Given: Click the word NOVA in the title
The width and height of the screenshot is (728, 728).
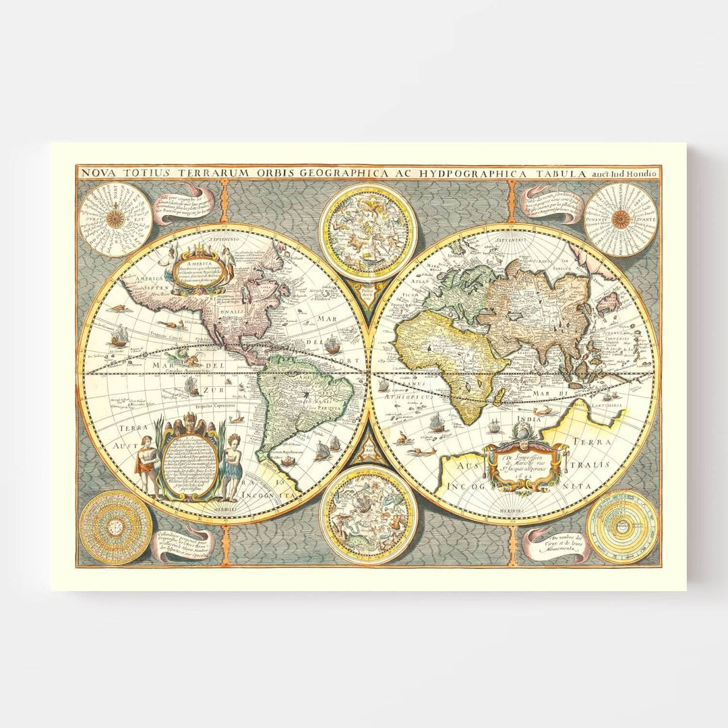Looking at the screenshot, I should point(94,173).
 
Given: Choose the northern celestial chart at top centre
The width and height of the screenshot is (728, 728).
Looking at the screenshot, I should point(368,232).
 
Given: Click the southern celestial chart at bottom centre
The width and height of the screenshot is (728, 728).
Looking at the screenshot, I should point(368,514).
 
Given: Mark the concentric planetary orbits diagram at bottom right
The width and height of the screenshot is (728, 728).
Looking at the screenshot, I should point(621,527).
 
